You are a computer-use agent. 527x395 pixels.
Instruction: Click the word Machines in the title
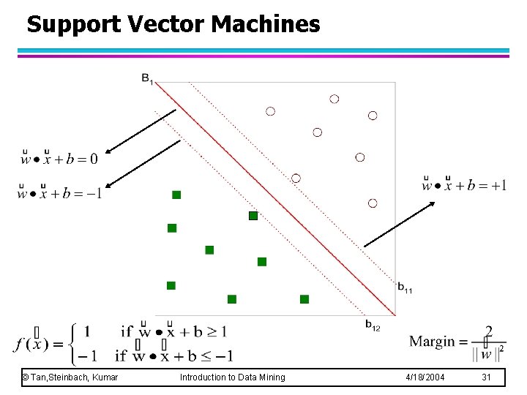click(x=266, y=25)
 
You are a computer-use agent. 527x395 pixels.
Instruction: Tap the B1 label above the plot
click(x=147, y=78)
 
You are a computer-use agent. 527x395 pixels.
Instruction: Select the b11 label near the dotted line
click(x=405, y=287)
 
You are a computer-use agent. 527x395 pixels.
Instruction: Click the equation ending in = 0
click(x=59, y=157)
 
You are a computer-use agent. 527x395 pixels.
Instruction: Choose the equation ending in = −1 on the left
click(x=60, y=193)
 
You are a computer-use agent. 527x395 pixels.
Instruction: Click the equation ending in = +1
click(x=464, y=184)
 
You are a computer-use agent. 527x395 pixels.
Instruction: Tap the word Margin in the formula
click(x=433, y=342)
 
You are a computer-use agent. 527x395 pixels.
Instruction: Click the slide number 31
click(x=486, y=377)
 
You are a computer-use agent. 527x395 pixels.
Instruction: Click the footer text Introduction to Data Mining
click(x=232, y=377)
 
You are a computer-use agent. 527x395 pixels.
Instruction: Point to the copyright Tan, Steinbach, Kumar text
click(x=70, y=377)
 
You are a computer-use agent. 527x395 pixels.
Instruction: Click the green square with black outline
click(x=253, y=216)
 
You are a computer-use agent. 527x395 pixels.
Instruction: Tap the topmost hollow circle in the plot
click(x=334, y=99)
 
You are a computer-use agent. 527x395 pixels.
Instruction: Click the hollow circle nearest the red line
click(x=296, y=178)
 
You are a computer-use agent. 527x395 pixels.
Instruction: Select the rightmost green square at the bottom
click(x=304, y=298)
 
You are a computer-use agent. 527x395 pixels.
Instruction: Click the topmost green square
click(x=176, y=195)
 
